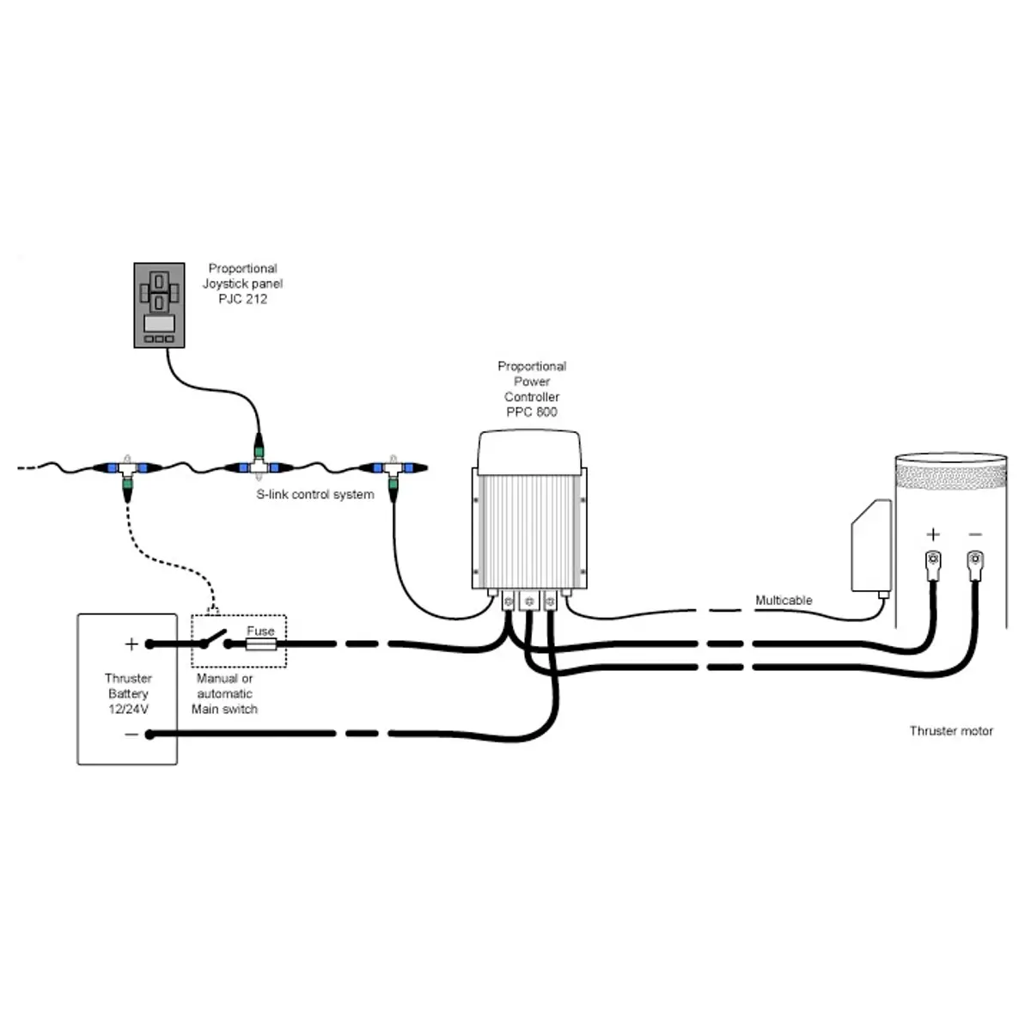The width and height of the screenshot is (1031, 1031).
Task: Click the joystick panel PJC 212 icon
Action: pos(159,305)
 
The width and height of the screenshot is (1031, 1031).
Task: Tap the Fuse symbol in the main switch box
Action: pos(260,644)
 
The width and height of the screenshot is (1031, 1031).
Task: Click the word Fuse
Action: pos(260,631)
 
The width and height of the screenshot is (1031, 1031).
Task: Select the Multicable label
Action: pos(784,601)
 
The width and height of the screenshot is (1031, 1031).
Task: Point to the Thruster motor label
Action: pos(951,731)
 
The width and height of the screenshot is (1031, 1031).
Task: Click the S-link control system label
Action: pos(315,494)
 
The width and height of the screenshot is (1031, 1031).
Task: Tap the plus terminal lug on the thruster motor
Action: pos(933,566)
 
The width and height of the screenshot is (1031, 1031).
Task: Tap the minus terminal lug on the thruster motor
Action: pos(975,566)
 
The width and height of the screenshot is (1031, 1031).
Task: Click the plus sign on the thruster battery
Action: pos(131,644)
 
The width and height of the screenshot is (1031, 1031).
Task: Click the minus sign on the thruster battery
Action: pos(131,735)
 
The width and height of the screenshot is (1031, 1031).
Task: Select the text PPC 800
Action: pos(531,412)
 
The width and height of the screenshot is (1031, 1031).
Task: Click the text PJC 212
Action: pos(242,299)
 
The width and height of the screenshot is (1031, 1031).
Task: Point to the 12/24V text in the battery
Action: pos(128,710)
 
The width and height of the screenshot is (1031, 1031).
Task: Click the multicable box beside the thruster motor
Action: pos(871,546)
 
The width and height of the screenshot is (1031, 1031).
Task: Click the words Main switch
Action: pos(224,710)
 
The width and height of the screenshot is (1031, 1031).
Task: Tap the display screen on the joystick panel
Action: pos(160,323)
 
